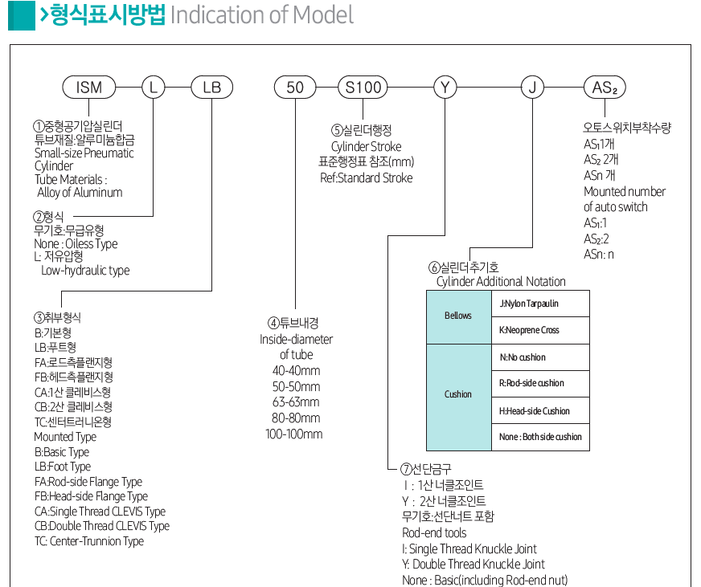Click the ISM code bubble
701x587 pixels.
[x=89, y=87]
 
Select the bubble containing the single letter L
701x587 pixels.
[x=153, y=87]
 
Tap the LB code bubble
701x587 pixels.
[x=211, y=87]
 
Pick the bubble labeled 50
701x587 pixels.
[x=295, y=87]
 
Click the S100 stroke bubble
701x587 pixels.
[x=363, y=87]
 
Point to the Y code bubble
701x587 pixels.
[x=445, y=87]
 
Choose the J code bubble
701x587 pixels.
[x=531, y=87]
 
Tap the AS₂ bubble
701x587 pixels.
[x=604, y=87]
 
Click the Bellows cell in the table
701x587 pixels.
[x=458, y=316]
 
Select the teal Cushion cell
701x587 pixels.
[x=458, y=394]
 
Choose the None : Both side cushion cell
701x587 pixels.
[x=539, y=437]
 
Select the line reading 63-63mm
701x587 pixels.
[x=296, y=402]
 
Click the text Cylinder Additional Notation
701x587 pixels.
[x=501, y=281]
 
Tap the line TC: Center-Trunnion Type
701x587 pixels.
[x=89, y=541]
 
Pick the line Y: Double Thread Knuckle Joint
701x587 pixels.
[x=473, y=564]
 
